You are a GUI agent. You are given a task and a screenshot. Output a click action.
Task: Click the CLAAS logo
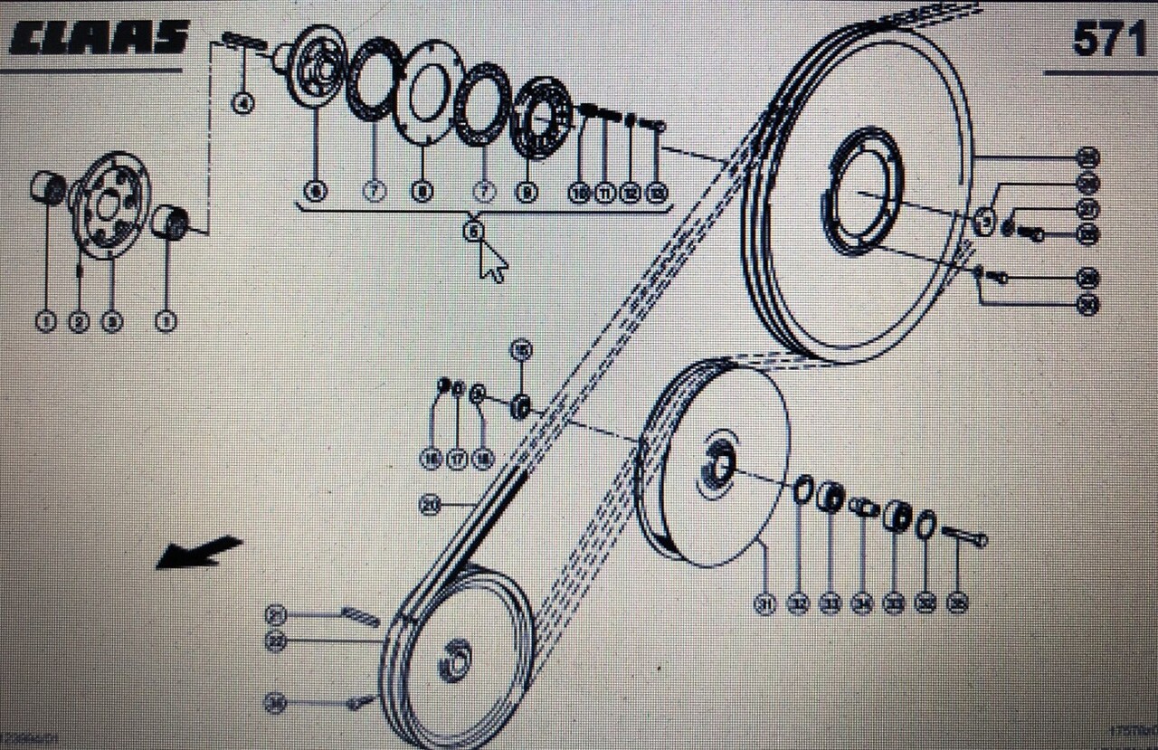pyautogui.click(x=100, y=37)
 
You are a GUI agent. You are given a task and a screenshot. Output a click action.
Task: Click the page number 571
pyautogui.click(x=1108, y=39)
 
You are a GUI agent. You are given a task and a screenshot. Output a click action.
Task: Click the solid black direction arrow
pyautogui.click(x=199, y=552)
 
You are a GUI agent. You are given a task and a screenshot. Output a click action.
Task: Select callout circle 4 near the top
pyautogui.click(x=242, y=104)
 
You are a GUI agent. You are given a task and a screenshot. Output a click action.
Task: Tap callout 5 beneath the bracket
pyautogui.click(x=474, y=232)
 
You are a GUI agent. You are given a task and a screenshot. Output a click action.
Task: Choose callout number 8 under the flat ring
pyautogui.click(x=422, y=192)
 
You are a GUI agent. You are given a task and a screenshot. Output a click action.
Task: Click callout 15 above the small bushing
pyautogui.click(x=521, y=349)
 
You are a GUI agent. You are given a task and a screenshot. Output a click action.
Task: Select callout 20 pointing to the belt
pyautogui.click(x=432, y=506)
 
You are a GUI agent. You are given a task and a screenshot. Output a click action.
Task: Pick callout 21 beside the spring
pyautogui.click(x=276, y=615)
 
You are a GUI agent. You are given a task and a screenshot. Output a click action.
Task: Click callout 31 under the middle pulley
pyautogui.click(x=765, y=604)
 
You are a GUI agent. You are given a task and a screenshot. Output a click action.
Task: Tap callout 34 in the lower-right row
pyautogui.click(x=862, y=604)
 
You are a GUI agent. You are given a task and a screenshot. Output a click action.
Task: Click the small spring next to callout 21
pyautogui.click(x=360, y=616)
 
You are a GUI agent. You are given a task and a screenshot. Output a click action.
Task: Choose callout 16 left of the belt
pyautogui.click(x=431, y=460)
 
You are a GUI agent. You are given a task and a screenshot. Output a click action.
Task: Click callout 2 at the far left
pyautogui.click(x=79, y=321)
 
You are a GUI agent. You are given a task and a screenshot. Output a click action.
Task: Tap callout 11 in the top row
pyautogui.click(x=604, y=193)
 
